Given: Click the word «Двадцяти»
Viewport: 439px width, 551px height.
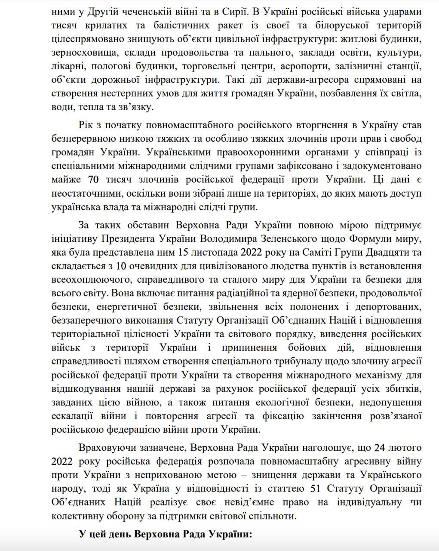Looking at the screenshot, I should [385, 252].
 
